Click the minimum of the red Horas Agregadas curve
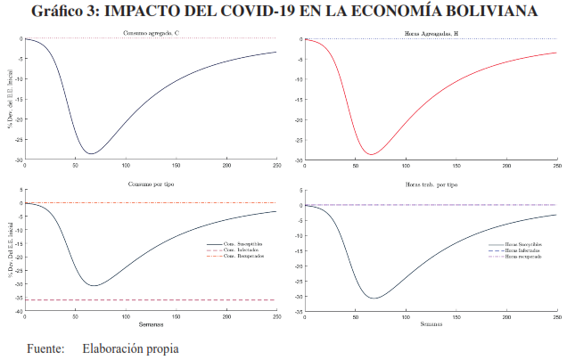tap(368, 155)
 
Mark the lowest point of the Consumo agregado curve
tap(90, 154)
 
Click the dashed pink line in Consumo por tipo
tap(134, 300)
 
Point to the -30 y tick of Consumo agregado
tap(18, 160)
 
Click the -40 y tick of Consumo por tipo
tap(18, 311)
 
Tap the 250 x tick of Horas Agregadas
tap(557, 166)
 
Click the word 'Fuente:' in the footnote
tap(45, 348)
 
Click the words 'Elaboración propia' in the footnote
tap(129, 348)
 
